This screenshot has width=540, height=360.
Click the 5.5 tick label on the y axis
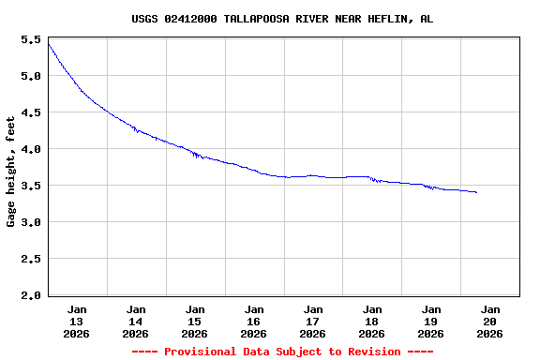30,40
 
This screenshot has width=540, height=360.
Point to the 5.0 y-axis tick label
30,77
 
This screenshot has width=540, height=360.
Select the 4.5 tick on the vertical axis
30,113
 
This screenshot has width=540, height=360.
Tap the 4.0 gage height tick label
30,150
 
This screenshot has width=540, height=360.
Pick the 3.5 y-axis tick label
30,187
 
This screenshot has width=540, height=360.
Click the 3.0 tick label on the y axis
30,223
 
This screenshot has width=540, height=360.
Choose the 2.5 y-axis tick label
30,260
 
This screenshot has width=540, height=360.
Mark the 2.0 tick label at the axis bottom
30,296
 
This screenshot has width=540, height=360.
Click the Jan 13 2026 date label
77,321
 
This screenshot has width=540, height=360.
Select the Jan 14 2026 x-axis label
136,321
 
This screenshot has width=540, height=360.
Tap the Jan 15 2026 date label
195,321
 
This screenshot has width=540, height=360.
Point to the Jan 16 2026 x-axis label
254,321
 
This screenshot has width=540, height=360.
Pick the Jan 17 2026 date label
313,321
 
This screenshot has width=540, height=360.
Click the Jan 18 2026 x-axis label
372,321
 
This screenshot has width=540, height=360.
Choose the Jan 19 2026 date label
431,321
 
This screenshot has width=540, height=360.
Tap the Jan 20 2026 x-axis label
490,321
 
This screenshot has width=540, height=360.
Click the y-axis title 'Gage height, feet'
11,172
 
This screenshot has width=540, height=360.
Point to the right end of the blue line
476,192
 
